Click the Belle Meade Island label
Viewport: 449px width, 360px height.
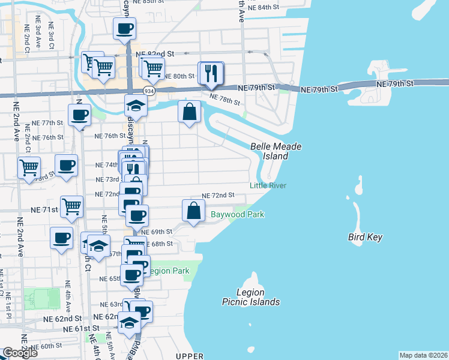coord(276,151)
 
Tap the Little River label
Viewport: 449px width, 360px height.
coord(268,185)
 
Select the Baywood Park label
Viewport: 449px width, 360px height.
coord(237,214)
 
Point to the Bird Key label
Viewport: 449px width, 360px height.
coord(365,237)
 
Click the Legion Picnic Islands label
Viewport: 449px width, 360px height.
coord(250,297)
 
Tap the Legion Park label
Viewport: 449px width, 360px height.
coord(169,271)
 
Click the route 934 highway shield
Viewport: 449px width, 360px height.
coord(131,90)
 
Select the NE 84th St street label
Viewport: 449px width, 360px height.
coord(265,7)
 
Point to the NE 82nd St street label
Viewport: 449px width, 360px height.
coord(155,53)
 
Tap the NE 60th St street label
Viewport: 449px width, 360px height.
coord(47,346)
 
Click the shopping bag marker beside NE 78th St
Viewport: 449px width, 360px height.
coord(189,112)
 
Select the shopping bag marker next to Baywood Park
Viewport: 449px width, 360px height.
coord(193,211)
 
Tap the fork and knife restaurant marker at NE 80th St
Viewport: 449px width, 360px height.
coord(211,73)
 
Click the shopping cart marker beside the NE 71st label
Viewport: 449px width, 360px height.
coord(72,206)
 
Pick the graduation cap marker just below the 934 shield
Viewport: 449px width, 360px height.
coord(136,106)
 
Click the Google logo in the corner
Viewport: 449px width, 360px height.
coord(20,353)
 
